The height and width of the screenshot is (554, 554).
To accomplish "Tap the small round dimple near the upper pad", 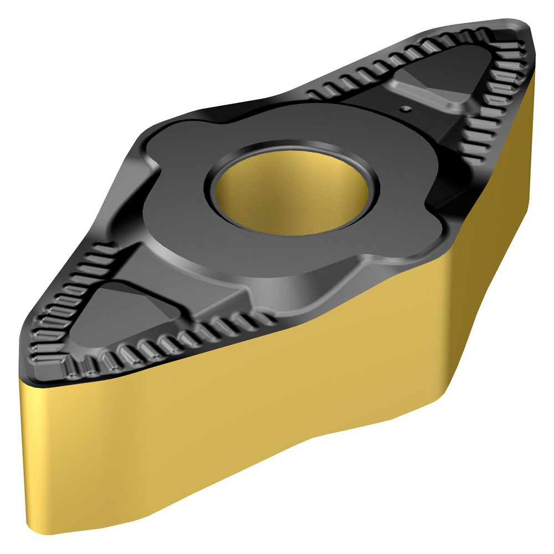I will coord(406,109).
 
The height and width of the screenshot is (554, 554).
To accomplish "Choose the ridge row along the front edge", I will coord(183,341).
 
